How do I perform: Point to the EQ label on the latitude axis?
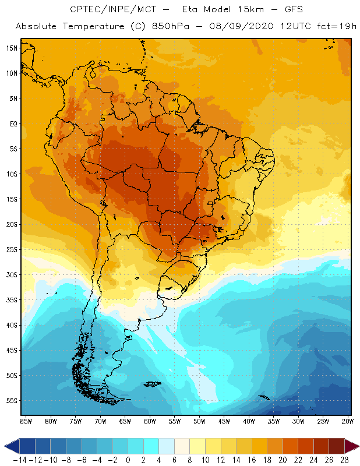12,123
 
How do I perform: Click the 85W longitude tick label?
26,421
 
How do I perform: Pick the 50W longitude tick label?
199,421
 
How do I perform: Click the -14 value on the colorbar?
19,460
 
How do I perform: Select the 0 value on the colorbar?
128,460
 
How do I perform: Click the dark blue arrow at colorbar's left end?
8,447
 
